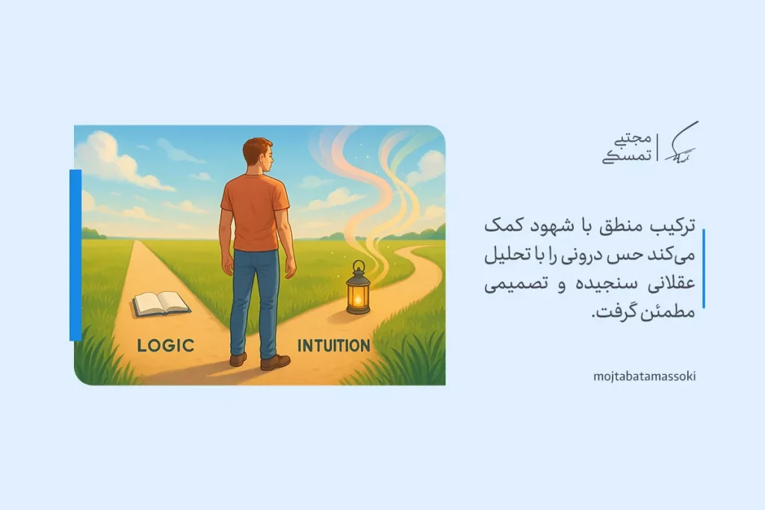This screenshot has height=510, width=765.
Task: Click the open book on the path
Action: [161, 302]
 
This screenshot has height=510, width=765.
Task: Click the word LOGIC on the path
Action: [166, 345]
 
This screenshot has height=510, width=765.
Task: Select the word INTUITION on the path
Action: [333, 346]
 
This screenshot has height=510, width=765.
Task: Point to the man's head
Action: [258, 155]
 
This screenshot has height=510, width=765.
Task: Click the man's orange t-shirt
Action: [254, 213]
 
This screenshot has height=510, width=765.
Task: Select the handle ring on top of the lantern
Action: [359, 266]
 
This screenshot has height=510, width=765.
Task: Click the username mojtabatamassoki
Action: [643, 376]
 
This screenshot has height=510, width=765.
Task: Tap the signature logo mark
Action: [681, 145]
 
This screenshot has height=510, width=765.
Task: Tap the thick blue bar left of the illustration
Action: [75, 255]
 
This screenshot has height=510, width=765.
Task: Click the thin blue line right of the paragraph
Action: [703, 269]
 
